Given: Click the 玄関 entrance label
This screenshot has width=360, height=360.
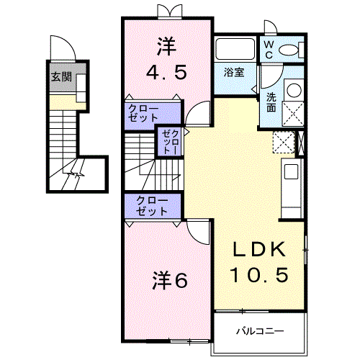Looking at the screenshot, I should (x=60, y=77).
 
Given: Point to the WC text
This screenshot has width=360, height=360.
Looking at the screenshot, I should (x=268, y=49).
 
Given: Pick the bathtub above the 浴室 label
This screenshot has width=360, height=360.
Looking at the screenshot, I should (x=234, y=50).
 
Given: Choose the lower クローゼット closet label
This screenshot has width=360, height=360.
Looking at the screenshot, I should (x=151, y=206).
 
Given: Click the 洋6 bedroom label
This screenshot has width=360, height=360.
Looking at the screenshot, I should (x=169, y=279).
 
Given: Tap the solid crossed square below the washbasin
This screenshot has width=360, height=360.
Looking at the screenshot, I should (x=293, y=114).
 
